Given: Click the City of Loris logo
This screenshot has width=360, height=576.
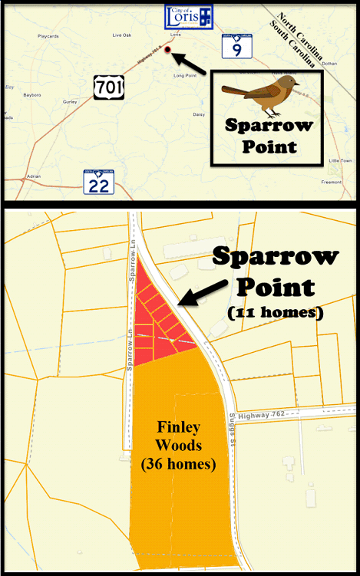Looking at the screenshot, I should click(189, 18).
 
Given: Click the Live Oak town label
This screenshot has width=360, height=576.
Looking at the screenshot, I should click(122, 35).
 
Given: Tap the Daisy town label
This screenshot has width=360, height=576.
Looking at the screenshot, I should click(199, 114).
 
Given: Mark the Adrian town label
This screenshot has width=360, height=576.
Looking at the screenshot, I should click(33, 176).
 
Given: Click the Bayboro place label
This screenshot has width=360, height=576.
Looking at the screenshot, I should click(32, 95).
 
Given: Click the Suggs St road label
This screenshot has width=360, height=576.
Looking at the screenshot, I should click(230, 430).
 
